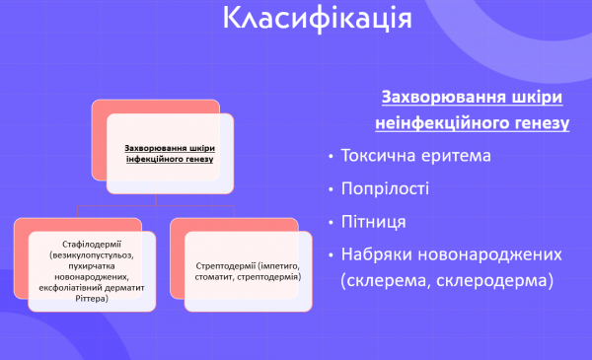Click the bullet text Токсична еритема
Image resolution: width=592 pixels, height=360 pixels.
414,156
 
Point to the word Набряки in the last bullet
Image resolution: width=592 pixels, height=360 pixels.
378,253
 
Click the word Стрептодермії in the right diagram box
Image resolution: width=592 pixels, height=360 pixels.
223,266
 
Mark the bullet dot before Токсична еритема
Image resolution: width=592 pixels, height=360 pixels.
328,157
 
